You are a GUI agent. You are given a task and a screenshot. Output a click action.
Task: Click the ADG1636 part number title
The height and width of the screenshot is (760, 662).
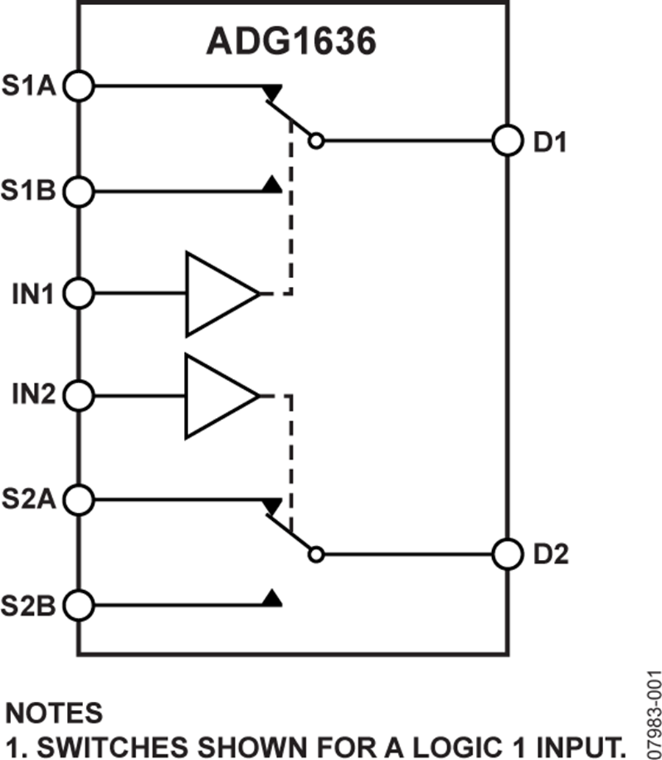pos(291,43)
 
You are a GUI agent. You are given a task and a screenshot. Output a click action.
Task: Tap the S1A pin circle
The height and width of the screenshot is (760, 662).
pos(79,86)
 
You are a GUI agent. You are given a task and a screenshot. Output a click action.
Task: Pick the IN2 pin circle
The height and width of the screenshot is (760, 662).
pos(79,397)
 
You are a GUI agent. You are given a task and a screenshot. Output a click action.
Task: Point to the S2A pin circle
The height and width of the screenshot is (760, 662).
pos(79,500)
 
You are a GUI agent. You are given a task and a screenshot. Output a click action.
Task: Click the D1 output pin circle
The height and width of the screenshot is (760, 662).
pos(507,140)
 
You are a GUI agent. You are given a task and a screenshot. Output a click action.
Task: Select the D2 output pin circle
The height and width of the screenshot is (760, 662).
pos(507,553)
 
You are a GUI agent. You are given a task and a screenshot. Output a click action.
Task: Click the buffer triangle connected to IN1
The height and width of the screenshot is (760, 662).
pos(217,294)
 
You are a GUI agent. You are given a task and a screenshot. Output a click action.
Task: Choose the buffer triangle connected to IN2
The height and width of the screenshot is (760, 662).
pos(217,397)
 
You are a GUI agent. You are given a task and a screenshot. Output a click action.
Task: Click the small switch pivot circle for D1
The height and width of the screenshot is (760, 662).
pos(316,141)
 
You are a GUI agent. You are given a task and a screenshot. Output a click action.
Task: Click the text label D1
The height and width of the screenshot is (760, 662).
pos(549,142)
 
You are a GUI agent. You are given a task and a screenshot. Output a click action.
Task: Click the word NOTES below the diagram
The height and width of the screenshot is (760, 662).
pos(54,712)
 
